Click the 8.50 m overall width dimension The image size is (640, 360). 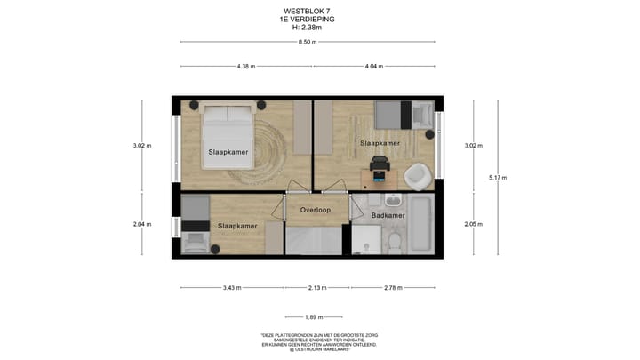(x=307, y=42)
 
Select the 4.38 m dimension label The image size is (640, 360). (x=246, y=66)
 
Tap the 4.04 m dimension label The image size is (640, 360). (x=374, y=66)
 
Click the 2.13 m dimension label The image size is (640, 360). (x=316, y=288)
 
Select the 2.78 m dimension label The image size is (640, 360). (x=392, y=288)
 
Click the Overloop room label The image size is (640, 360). (x=315, y=210)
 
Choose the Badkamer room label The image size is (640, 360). (x=388, y=215)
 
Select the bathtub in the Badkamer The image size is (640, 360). (x=420, y=227)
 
